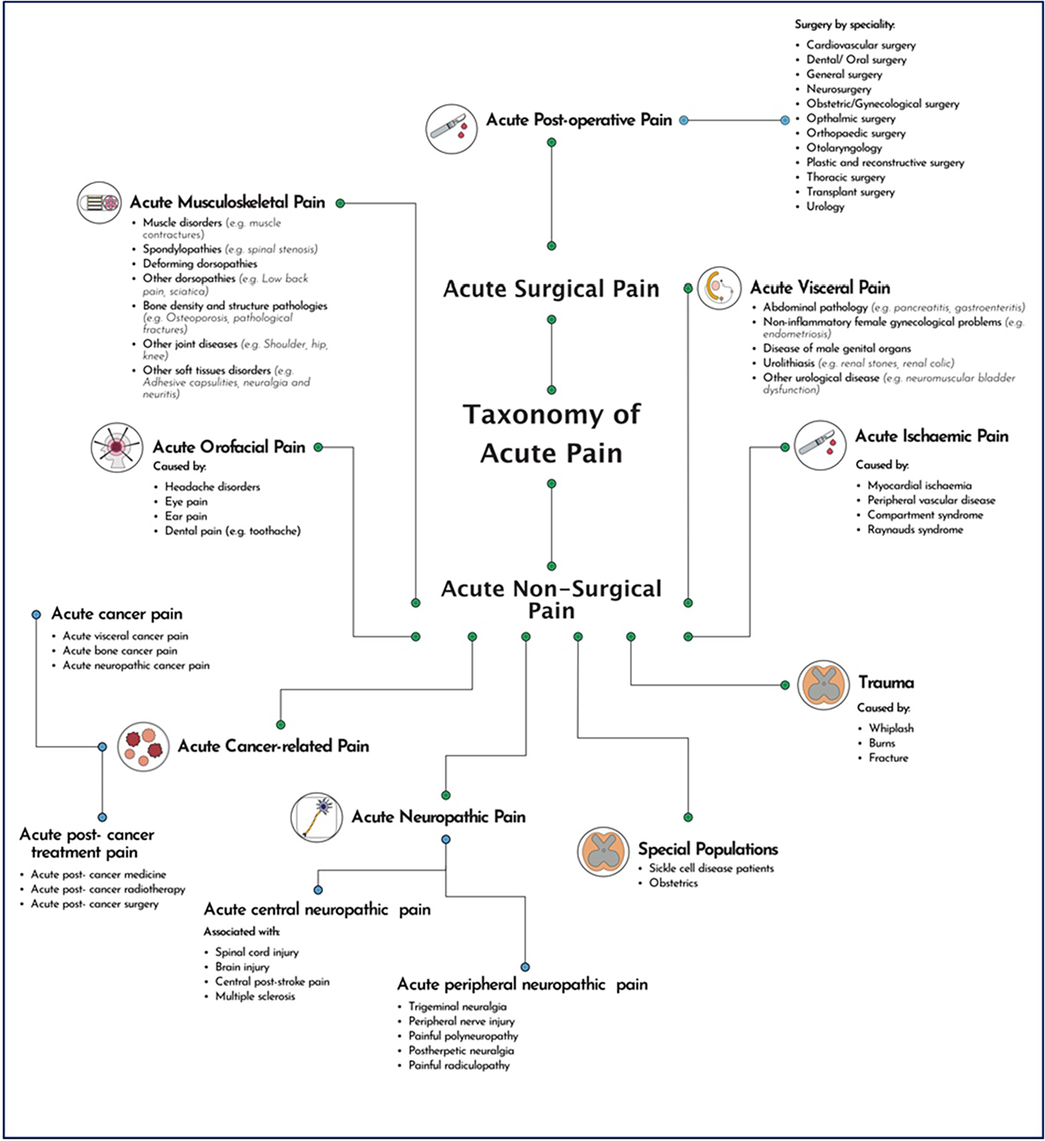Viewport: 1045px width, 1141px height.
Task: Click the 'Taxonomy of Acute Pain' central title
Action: [551, 433]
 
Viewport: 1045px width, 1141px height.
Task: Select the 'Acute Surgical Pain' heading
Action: [551, 289]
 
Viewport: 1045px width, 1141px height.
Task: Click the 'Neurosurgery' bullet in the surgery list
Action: [838, 89]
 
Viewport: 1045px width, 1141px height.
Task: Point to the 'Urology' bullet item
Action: [825, 207]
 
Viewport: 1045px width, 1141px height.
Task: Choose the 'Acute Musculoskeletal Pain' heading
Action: [227, 202]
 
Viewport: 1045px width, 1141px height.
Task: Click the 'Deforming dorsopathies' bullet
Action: [200, 264]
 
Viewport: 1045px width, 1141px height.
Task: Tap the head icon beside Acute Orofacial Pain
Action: [116, 447]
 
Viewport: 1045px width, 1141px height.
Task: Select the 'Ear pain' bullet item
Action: [186, 516]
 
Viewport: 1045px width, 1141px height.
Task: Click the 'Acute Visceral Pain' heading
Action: [820, 287]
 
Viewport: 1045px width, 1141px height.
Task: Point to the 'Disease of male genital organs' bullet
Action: [837, 348]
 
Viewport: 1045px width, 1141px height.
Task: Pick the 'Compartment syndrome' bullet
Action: [925, 515]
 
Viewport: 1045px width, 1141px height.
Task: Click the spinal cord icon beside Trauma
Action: [823, 685]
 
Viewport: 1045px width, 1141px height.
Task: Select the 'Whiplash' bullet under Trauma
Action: [891, 728]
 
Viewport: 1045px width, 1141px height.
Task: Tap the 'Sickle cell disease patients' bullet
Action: [711, 868]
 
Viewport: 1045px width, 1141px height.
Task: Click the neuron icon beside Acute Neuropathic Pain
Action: [317, 817]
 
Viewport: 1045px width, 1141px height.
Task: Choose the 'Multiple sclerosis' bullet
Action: [255, 996]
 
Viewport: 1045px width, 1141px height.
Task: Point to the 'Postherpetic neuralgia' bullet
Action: [461, 1050]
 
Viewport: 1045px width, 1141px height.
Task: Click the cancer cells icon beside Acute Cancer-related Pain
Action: [143, 747]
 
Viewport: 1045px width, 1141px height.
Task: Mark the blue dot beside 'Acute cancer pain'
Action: [36, 615]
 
